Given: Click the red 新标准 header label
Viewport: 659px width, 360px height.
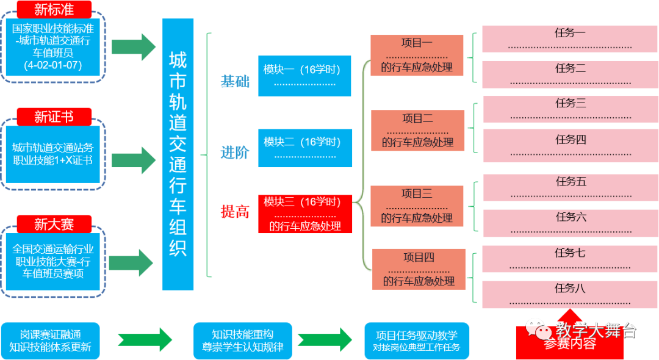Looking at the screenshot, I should point(54,10).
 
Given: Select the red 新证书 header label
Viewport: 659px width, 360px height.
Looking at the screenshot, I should point(54,117).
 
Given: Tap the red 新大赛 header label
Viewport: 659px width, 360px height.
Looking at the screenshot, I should point(54,224).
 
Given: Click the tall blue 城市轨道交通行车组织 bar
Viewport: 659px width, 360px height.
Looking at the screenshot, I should point(178,154).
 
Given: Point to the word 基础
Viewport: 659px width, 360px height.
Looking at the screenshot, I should point(234,81).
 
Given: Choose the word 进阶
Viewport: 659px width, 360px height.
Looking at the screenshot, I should point(234,153).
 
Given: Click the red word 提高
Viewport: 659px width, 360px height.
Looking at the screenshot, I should point(234,212).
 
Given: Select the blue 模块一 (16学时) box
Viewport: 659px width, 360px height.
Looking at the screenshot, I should point(304,76).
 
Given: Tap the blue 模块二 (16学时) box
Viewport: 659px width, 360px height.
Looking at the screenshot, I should point(304,148).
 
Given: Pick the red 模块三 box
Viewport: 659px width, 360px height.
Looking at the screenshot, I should point(304,214).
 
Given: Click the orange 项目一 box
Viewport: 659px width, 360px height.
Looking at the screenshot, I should point(417,55).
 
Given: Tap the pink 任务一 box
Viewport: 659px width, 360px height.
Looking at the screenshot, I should point(570,38).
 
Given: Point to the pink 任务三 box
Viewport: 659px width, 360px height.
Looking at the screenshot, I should point(571,109).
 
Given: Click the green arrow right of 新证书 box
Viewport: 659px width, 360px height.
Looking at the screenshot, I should point(134,160).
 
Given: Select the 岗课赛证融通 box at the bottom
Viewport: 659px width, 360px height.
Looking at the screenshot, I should point(50,340).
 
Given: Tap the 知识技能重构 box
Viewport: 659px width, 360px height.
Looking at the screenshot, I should point(242,340).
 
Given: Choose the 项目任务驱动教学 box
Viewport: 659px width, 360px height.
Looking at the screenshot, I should point(417,340).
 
